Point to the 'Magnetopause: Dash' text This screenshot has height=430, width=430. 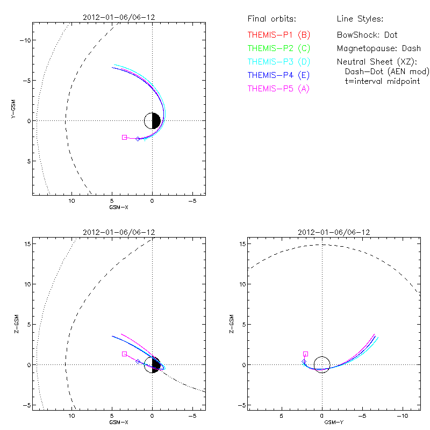tap(379, 48)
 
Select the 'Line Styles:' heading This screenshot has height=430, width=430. tap(360, 19)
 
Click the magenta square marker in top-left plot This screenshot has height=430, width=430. tap(124, 138)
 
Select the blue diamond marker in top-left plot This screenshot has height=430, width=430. tap(138, 139)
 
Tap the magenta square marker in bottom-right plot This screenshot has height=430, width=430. tap(305, 354)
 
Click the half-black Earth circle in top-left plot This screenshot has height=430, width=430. tap(153, 120)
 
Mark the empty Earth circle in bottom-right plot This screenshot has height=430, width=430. tap(322, 364)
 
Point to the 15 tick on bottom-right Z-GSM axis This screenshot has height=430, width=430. tap(242, 244)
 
